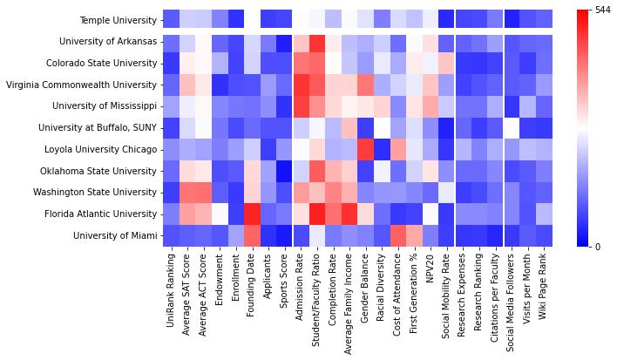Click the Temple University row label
pos(118,20)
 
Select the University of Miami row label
pos(116,235)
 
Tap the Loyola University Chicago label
pos(106,149)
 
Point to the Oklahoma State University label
pos(105,171)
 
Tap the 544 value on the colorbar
pos(602,10)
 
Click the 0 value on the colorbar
pos(597,247)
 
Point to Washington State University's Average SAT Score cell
pos(186,192)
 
